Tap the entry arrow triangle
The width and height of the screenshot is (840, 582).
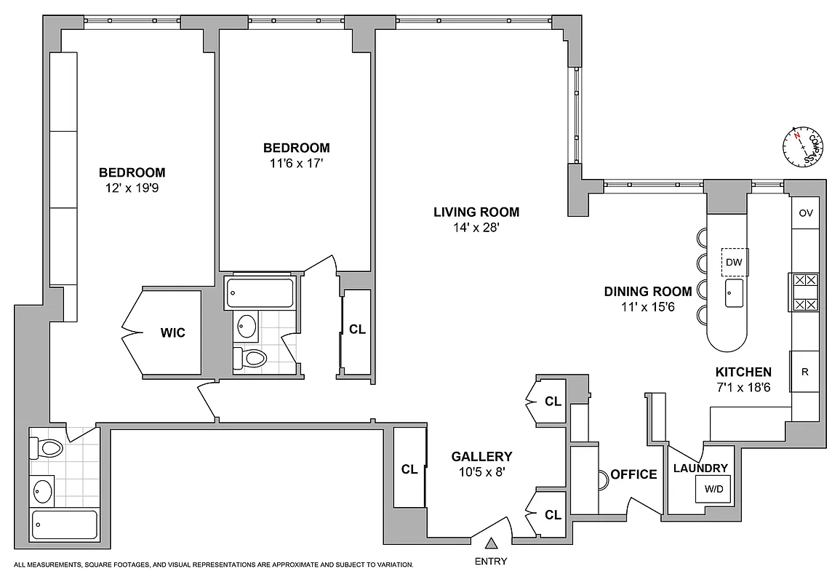492,543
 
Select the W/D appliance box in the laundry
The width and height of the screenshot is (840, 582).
713,490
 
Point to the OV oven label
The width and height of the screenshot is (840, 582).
805,213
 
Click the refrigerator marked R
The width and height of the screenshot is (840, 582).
805,372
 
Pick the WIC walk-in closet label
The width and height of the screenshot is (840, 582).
173,333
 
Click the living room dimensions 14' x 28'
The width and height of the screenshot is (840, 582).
476,227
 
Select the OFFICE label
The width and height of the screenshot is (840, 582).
633,474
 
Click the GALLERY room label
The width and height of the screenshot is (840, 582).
481,457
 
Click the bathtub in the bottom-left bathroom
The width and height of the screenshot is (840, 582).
65,524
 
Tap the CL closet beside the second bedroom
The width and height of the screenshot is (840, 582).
357,329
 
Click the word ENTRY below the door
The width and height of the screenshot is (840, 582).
491,561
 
